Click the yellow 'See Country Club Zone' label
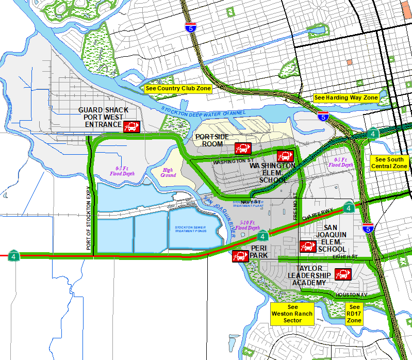(x=178, y=88)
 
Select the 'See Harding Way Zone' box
(x=346, y=97)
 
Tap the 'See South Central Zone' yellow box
(x=389, y=163)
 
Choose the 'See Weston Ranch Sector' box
(x=292, y=314)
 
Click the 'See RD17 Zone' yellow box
(x=354, y=314)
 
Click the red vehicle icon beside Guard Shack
(x=131, y=126)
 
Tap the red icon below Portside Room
(x=242, y=148)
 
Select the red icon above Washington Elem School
(x=285, y=155)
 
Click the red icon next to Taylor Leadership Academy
(x=343, y=274)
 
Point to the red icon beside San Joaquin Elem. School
(x=308, y=246)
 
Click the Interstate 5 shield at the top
(x=190, y=28)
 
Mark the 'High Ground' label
(x=168, y=172)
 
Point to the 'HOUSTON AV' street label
(x=351, y=295)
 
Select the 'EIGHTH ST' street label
(x=345, y=256)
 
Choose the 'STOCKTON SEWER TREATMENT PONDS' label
(x=190, y=228)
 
